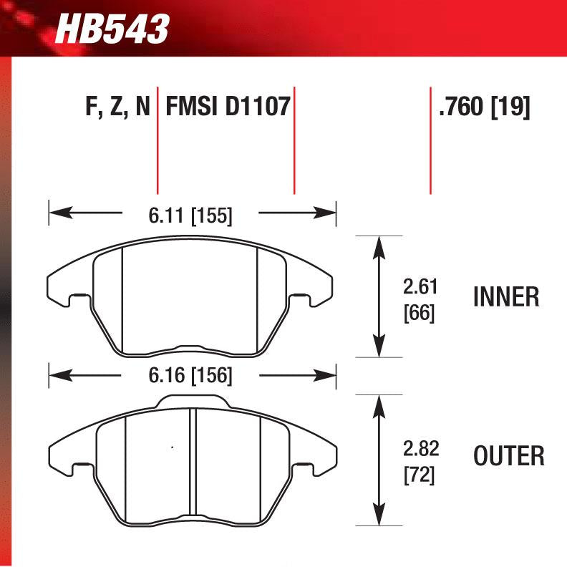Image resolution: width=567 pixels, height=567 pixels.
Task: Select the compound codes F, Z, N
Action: coord(117,108)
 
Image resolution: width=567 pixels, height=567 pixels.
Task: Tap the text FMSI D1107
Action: coord(227,108)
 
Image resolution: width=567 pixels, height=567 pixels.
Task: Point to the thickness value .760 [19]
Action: coord(484,108)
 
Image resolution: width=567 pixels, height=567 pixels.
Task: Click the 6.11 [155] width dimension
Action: coord(190,213)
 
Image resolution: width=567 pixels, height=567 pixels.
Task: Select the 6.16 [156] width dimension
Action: coord(190,374)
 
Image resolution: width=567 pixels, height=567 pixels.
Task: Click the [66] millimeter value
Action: coord(420,313)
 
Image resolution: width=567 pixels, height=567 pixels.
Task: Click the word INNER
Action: coord(506,297)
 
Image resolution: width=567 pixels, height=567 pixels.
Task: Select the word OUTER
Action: coord(509,455)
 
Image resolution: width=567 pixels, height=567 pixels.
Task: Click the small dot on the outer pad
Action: coord(172,448)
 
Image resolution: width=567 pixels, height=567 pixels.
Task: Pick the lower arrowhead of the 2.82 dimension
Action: coord(378,515)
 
